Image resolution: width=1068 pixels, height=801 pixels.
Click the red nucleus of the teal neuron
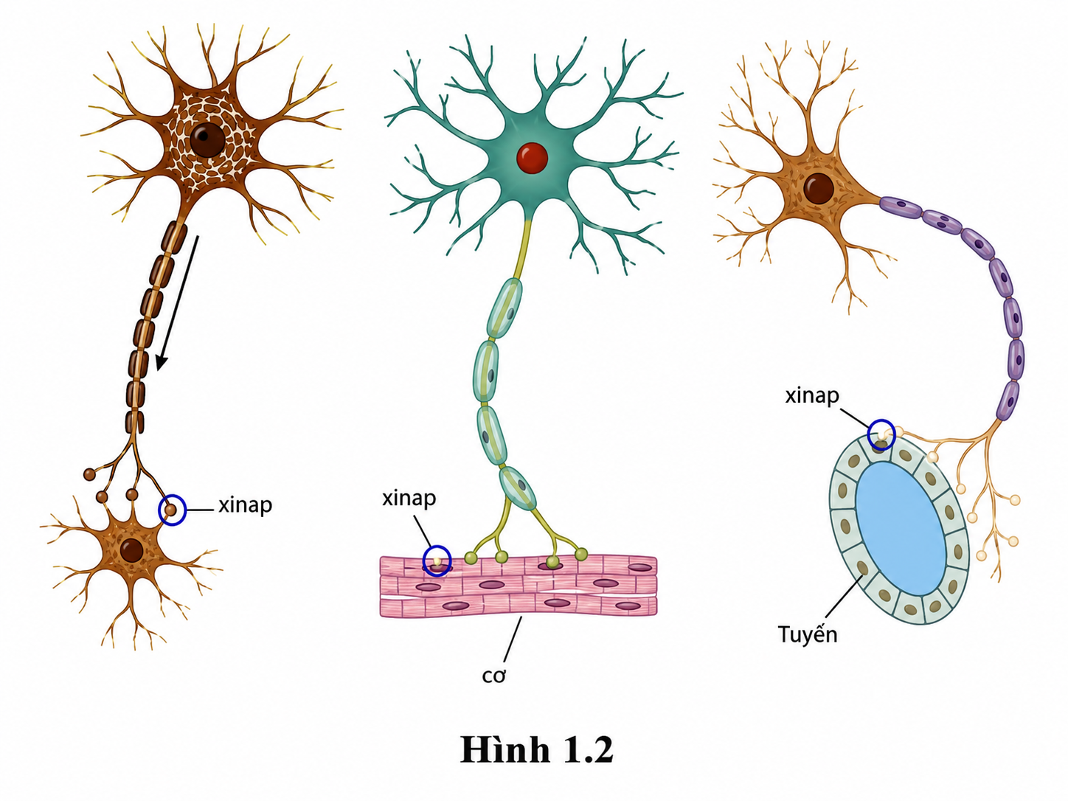532,158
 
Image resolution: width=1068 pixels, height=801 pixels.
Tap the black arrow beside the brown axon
178,303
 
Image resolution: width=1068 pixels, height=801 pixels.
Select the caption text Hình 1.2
536,749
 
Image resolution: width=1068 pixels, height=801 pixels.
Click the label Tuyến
807,634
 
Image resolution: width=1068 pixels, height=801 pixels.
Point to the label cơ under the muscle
494,676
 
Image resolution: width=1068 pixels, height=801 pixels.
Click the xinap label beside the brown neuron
245,506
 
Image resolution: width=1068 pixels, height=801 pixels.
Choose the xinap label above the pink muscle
409,499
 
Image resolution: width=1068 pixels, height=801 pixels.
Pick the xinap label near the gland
812,396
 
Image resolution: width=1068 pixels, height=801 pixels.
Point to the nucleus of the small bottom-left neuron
132,550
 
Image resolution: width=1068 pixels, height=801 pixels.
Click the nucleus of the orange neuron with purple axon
819,188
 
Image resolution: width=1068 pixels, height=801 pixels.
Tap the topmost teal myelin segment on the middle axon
504,308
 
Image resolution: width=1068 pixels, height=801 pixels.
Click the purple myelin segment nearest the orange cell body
901,207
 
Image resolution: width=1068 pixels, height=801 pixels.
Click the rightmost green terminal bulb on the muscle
581,554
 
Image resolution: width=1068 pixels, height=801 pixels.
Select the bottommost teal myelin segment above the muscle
518,488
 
